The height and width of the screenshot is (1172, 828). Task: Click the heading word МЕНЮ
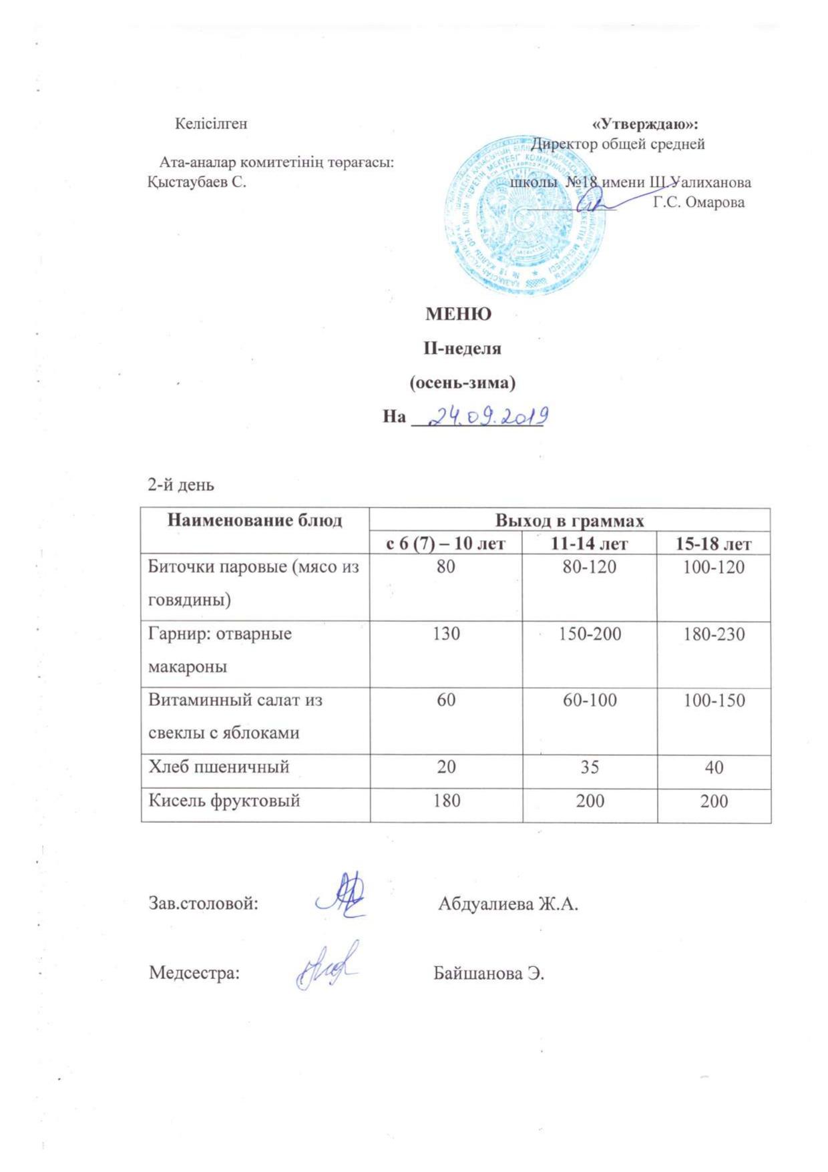458,314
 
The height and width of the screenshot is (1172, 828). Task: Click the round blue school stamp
526,217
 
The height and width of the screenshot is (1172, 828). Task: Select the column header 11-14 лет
590,544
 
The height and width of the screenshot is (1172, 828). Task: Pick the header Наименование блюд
254,520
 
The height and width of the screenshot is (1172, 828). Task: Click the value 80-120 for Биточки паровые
590,567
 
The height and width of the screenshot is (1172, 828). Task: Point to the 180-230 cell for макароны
714,633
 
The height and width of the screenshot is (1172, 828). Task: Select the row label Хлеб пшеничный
219,766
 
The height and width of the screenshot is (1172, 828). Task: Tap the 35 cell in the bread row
590,767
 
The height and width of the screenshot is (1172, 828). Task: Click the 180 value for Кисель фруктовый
446,800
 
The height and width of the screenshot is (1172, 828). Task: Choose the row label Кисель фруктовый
224,800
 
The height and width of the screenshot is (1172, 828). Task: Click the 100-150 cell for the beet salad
714,701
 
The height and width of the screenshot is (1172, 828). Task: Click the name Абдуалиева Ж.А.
508,904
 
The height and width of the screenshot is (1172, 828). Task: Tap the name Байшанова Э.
489,973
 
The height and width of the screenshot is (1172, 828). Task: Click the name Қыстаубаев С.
197,182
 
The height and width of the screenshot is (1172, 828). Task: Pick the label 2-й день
181,485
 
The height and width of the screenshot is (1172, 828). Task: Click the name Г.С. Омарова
698,203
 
